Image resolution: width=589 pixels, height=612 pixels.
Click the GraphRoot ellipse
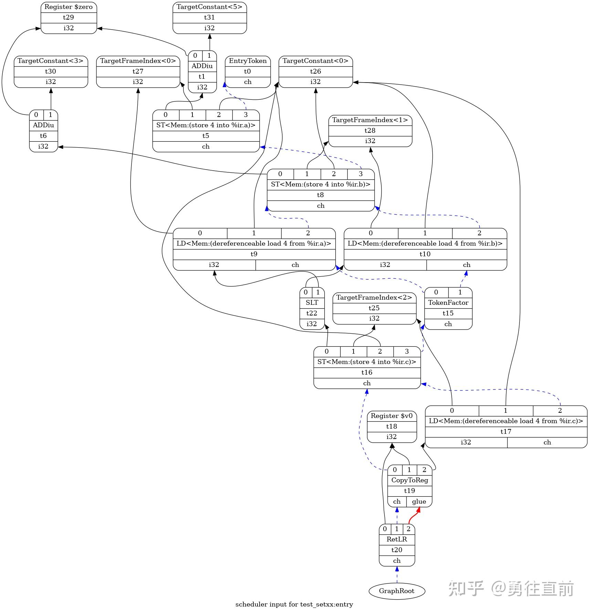point(397,591)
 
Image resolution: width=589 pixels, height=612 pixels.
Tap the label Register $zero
point(69,7)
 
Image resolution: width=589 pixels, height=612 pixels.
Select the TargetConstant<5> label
point(209,7)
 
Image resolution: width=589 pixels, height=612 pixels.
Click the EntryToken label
point(248,61)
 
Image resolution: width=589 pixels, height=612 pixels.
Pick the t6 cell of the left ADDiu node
point(43,136)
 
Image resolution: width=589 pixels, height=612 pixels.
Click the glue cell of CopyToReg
point(419,501)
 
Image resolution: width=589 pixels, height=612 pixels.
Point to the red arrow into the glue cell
point(413,516)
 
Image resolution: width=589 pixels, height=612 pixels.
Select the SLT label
point(312,302)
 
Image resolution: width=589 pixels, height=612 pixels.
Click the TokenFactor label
point(448,302)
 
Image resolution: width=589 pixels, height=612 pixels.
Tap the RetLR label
point(397,539)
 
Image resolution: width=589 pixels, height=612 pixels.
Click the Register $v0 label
point(391,416)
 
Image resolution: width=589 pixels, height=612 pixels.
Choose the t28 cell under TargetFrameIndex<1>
point(370,130)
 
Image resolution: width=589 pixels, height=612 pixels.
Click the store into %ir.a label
point(206,125)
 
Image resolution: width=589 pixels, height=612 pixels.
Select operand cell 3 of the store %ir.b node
point(360,174)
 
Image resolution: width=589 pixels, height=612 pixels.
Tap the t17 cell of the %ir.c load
point(506,431)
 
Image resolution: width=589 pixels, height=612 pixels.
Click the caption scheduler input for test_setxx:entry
point(294,604)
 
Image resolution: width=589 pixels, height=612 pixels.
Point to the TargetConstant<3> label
point(51,61)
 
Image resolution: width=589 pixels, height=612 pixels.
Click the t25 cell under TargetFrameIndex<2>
point(374,308)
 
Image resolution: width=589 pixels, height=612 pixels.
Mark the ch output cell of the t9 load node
point(295,265)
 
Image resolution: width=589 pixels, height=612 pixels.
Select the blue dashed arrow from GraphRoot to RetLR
point(397,575)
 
